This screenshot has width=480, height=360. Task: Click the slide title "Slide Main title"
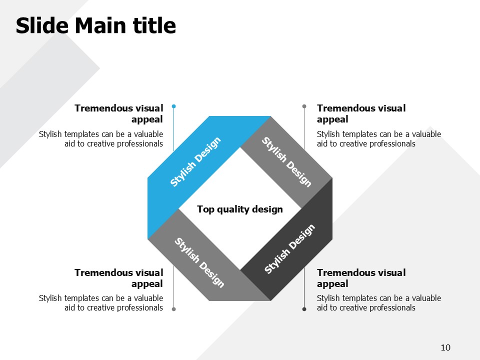[96, 25]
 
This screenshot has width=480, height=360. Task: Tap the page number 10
[445, 347]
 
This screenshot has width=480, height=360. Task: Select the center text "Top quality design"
[239, 209]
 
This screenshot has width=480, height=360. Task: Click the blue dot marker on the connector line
[174, 106]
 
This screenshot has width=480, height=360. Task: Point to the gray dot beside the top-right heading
[304, 106]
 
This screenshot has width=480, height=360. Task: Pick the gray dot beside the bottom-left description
[174, 309]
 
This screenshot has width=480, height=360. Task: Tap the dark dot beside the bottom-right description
[304, 309]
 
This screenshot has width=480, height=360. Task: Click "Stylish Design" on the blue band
[195, 161]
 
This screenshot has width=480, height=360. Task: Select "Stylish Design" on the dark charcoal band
[289, 249]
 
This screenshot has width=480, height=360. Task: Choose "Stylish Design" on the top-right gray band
[286, 161]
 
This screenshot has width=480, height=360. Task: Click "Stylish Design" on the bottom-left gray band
[199, 262]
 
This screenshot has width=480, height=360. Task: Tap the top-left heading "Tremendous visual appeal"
[119, 113]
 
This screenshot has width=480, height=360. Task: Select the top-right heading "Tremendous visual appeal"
[361, 113]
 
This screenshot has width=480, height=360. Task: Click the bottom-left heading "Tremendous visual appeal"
[119, 278]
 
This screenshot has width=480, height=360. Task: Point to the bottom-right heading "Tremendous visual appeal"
[361, 278]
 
